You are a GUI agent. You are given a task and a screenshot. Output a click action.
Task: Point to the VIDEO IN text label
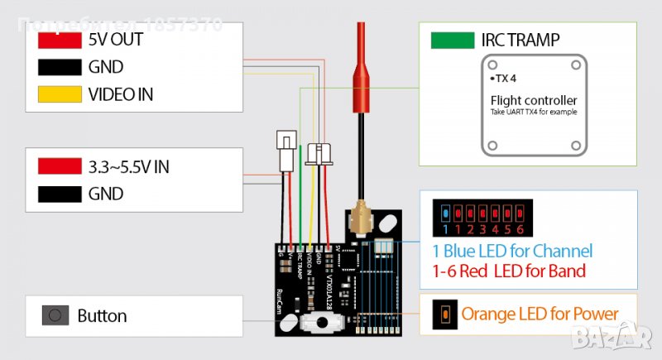click(x=121, y=94)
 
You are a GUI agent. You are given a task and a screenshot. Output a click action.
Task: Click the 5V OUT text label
click(x=115, y=39)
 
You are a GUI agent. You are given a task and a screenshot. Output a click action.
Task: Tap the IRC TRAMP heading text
click(x=520, y=40)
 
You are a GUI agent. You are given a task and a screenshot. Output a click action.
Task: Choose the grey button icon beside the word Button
click(x=55, y=315)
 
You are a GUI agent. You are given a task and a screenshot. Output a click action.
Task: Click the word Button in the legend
click(x=102, y=315)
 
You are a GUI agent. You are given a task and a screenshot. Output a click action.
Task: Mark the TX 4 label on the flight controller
click(x=499, y=79)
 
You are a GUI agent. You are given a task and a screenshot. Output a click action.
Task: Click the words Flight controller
click(x=534, y=100)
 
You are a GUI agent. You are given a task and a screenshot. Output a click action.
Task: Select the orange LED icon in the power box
click(x=444, y=314)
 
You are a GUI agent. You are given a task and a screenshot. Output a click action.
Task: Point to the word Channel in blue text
click(x=561, y=251)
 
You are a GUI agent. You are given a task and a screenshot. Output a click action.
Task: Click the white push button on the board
click(x=314, y=322)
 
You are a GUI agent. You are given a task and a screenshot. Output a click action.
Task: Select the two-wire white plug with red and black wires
click(x=286, y=153)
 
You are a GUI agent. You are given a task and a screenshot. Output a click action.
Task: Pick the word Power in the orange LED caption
click(x=591, y=314)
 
